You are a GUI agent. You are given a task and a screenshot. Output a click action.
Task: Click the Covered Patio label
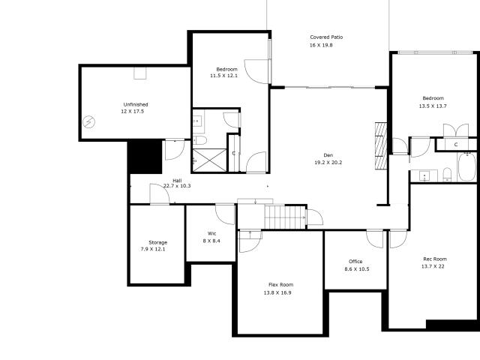click(326, 37)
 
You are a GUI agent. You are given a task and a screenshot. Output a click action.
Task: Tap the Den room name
click(328, 155)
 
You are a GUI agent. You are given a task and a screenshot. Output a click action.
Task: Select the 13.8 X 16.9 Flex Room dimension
click(277, 292)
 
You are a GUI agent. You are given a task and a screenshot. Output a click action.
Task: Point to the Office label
click(355, 262)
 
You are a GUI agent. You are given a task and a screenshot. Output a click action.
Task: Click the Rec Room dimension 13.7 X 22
click(433, 266)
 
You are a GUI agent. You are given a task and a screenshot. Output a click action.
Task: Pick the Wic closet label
click(211, 233)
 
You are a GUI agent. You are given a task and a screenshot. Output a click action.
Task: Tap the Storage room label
click(158, 242)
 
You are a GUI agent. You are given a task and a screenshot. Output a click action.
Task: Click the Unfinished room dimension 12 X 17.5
click(132, 112)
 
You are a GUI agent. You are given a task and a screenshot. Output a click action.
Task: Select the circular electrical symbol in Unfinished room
click(89, 122)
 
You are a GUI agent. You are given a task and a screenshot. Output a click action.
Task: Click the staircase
click(285, 217)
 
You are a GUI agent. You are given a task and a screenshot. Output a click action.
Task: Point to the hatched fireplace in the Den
click(381, 145)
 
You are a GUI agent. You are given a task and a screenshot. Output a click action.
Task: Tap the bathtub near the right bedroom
click(466, 167)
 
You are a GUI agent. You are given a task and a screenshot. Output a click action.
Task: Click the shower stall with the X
click(210, 160)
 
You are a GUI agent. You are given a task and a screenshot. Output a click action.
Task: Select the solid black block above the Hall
click(145, 157)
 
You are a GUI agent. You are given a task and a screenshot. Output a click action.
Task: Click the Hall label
click(177, 180)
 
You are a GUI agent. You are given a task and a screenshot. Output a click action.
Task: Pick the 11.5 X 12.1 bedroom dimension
click(223, 76)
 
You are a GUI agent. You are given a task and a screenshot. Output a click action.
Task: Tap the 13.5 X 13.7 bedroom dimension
click(433, 106)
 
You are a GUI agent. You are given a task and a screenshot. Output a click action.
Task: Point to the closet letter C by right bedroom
click(456, 145)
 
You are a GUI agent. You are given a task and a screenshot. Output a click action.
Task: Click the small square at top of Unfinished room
click(140, 73)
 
